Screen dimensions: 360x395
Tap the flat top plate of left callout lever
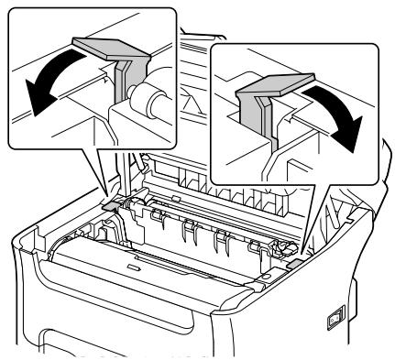(x=104, y=50)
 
